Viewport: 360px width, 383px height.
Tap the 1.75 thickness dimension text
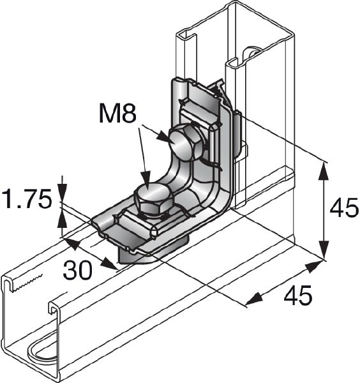tap(26, 199)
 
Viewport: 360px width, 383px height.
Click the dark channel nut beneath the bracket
tap(137, 255)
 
